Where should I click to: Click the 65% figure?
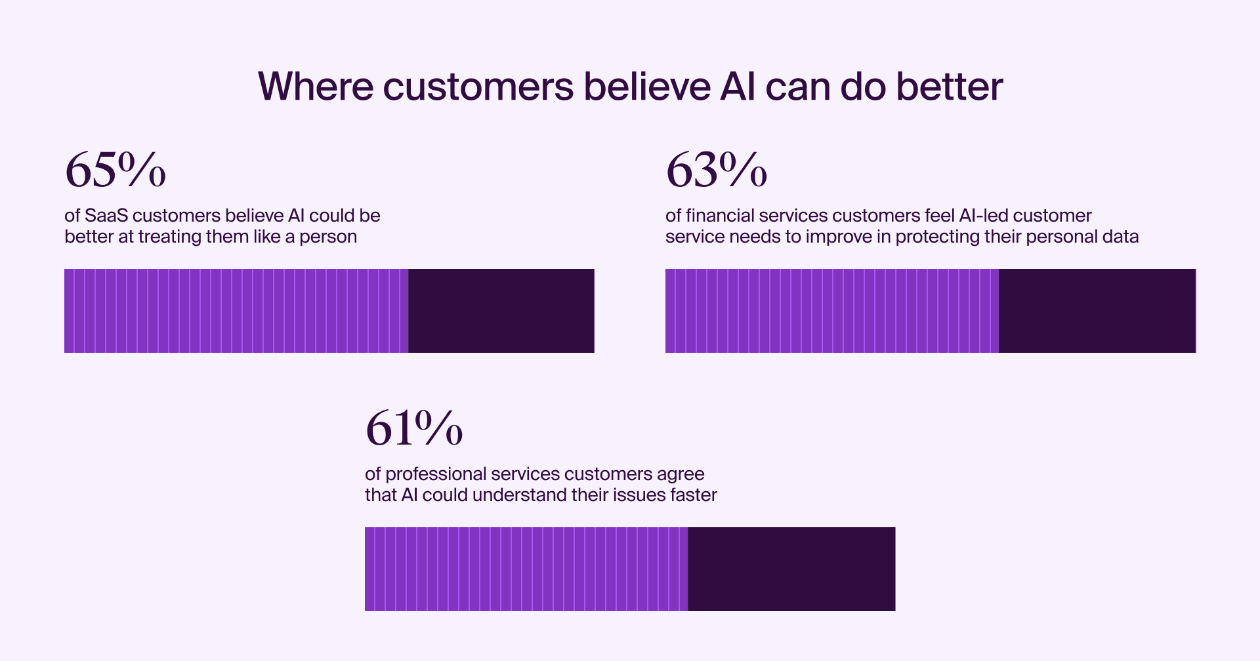[x=115, y=170]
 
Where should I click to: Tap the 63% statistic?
[x=716, y=170]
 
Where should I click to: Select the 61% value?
[x=414, y=428]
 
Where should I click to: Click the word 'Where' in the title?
[x=316, y=86]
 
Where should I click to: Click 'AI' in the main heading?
[x=738, y=86]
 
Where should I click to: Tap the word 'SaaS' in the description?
[x=106, y=216]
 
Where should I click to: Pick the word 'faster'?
[x=693, y=494]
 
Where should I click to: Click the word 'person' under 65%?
[x=328, y=237]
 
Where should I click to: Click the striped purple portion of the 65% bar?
[x=236, y=311]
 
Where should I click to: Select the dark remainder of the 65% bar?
[x=501, y=311]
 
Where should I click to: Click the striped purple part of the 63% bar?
[x=832, y=311]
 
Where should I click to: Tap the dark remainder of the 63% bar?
[x=1097, y=311]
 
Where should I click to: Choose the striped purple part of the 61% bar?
[x=526, y=569]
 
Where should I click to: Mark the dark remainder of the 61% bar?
[x=791, y=569]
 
